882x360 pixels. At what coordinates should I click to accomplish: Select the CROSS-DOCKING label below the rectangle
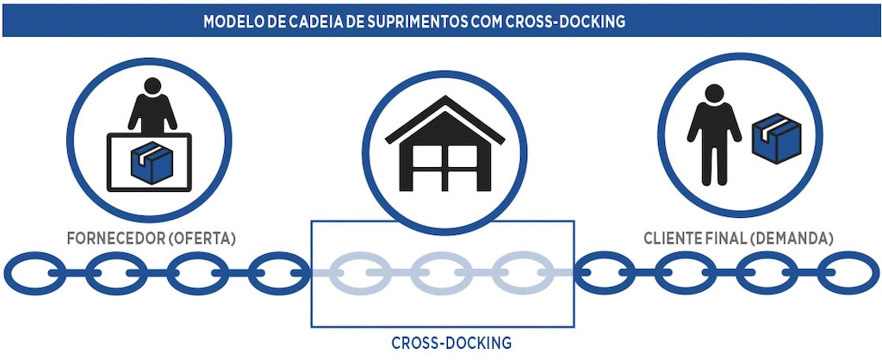(x=451, y=343)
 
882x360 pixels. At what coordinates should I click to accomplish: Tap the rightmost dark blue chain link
(x=848, y=273)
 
